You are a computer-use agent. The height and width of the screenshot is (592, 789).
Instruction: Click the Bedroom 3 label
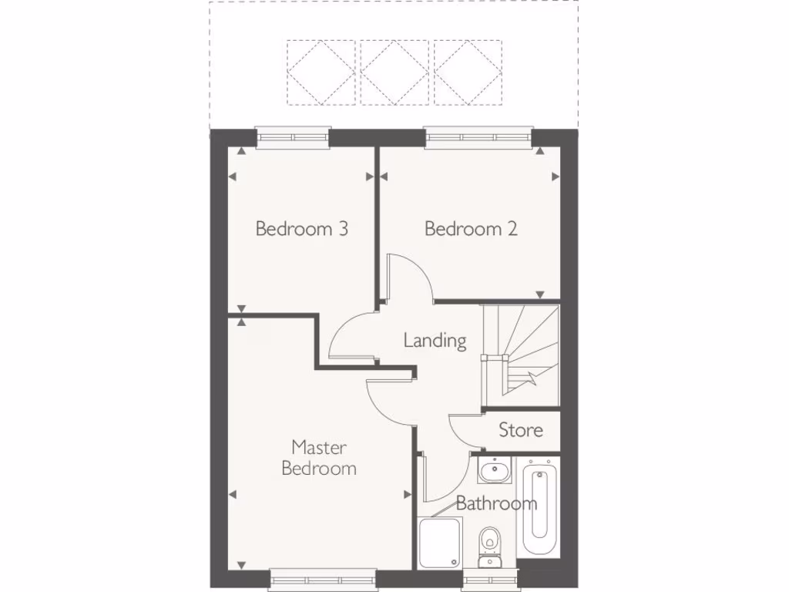click(301, 229)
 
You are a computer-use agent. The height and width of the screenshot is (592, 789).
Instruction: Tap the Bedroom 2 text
click(471, 229)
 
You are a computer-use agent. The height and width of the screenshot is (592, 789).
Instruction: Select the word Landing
click(435, 340)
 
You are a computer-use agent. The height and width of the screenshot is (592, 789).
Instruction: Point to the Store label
click(521, 430)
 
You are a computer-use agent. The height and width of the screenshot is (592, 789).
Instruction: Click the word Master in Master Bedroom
click(319, 447)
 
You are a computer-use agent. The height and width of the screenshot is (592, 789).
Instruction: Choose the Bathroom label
click(496, 503)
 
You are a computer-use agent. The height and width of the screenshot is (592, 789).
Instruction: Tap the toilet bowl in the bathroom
click(489, 540)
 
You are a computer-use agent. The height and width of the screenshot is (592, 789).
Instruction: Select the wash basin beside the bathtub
click(492, 469)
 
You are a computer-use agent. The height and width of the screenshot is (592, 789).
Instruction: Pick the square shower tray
click(440, 542)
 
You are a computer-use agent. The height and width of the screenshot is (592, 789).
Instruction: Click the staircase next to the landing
click(520, 352)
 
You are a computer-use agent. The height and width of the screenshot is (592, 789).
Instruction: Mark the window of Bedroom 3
click(293, 138)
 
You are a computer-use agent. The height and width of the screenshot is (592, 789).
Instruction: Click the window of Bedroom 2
click(478, 138)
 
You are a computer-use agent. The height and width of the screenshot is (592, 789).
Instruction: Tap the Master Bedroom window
click(323, 579)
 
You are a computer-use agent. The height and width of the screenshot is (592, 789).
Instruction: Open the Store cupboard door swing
click(465, 430)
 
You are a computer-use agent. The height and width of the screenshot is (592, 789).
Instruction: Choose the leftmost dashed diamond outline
click(322, 72)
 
